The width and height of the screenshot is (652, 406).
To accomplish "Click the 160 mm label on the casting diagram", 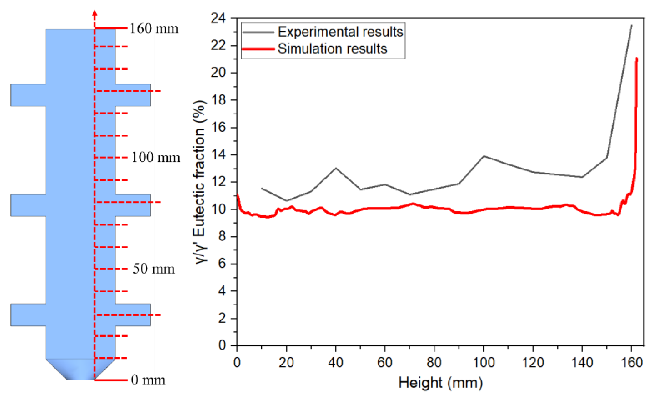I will pyautogui.click(x=154, y=29).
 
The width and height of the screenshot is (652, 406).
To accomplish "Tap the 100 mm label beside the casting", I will pyautogui.click(x=156, y=157).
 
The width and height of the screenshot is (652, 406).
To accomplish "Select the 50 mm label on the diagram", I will pyautogui.click(x=154, y=269).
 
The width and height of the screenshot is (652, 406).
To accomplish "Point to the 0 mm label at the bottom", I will pyautogui.click(x=148, y=380).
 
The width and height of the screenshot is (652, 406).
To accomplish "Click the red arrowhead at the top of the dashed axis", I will pyautogui.click(x=95, y=13).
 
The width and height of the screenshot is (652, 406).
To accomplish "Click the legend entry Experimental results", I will pyautogui.click(x=340, y=32).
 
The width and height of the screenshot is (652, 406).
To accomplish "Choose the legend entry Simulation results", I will pyautogui.click(x=332, y=49).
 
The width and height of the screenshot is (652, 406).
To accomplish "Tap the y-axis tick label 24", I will pyautogui.click(x=218, y=18).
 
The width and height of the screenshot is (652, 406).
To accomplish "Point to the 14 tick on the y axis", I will pyautogui.click(x=218, y=154).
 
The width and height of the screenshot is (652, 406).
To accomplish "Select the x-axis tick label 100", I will pyautogui.click(x=484, y=362).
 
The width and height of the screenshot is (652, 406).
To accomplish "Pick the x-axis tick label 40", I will pyautogui.click(x=335, y=362).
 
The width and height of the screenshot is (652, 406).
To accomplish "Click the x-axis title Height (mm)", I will pyautogui.click(x=441, y=383).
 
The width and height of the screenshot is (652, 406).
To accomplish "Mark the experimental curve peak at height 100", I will pyautogui.click(x=484, y=156).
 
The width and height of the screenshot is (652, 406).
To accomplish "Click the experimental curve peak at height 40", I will pyautogui.click(x=336, y=168).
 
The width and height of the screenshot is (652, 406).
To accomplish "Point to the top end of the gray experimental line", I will pyautogui.click(x=632, y=25).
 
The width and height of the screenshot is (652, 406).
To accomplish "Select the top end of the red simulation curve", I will pyautogui.click(x=637, y=58).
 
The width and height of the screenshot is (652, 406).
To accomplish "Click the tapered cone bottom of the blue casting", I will pyautogui.click(x=80, y=369).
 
